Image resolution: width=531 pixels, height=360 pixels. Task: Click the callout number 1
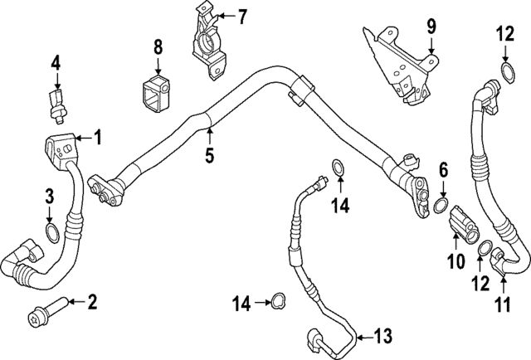97,137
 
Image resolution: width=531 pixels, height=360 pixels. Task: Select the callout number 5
210,154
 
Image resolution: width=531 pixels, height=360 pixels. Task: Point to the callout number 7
242,17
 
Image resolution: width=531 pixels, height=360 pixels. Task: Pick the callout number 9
431,27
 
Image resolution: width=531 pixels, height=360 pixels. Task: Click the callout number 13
382,336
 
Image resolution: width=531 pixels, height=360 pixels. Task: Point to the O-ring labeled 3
51,232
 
